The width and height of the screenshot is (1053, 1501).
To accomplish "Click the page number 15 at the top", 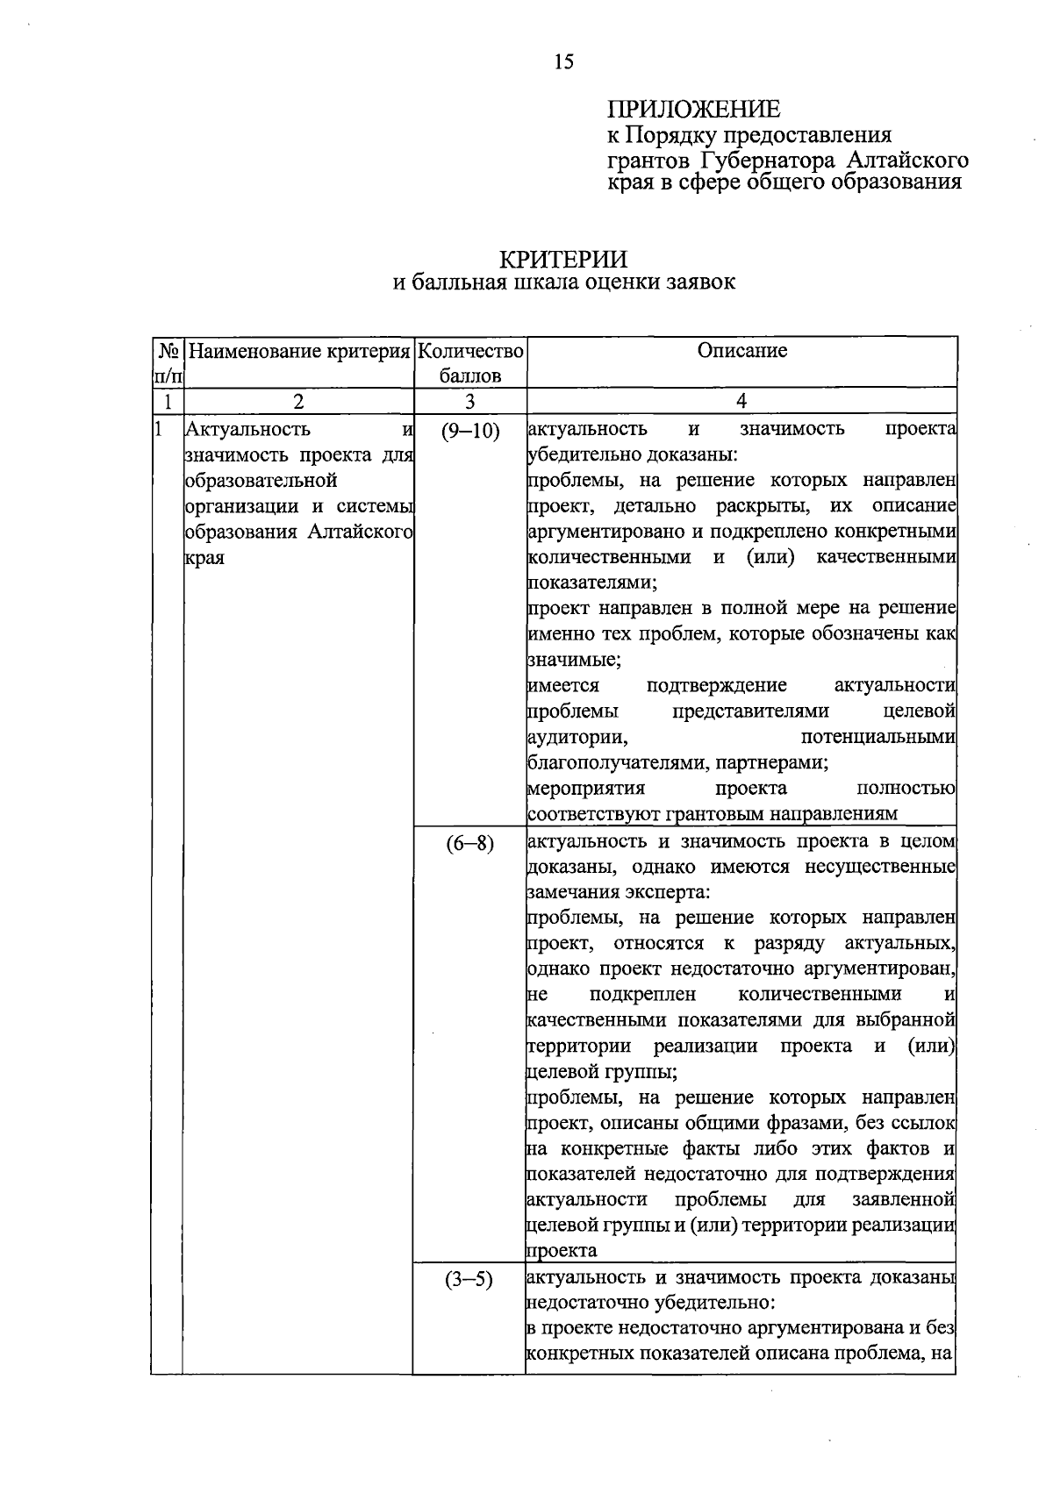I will [563, 61].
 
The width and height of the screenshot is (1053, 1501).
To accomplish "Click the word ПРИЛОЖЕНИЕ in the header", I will [693, 110].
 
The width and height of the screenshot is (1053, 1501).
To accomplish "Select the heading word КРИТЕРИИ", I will [563, 260].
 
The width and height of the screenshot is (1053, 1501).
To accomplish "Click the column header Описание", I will [741, 351].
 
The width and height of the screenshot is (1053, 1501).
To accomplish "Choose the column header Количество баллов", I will [470, 363].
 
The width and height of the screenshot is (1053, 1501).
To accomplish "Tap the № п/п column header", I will [167, 363].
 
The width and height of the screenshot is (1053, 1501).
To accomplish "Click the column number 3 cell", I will [470, 401].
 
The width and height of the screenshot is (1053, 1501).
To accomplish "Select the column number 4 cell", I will [741, 401].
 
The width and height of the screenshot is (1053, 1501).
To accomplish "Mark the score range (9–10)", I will [470, 430].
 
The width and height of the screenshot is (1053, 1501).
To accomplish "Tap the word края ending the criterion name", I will [204, 558].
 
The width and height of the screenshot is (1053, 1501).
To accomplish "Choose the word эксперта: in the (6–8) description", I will [667, 892].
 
